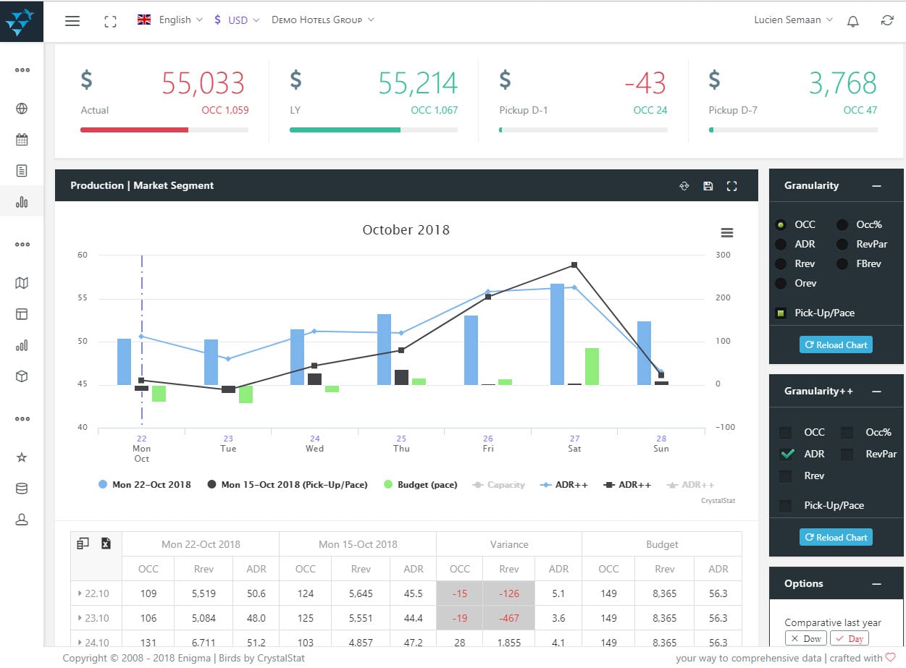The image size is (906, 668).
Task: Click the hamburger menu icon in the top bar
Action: [x=72, y=21]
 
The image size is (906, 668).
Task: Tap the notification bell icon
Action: [x=853, y=21]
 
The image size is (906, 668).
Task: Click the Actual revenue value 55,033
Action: [x=203, y=84]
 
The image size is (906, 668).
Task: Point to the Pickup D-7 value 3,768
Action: [x=842, y=84]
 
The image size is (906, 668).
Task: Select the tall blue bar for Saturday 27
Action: [x=557, y=334]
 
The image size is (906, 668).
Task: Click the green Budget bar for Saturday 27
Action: [x=592, y=366]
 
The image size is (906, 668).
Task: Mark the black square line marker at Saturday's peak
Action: [x=574, y=265]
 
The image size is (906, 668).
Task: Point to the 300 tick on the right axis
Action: [x=723, y=255]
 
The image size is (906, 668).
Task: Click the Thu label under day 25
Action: [x=401, y=449]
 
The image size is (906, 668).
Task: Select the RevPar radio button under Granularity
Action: [x=842, y=245]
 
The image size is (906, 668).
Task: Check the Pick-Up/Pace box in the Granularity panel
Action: [x=781, y=313]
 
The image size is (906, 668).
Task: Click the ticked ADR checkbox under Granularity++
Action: [x=786, y=455]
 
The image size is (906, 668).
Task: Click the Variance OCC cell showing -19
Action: [x=459, y=618]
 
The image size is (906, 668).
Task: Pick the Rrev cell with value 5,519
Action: [x=204, y=593]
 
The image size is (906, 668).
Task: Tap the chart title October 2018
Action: [x=406, y=230]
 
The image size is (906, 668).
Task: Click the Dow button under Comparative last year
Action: [x=805, y=638]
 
